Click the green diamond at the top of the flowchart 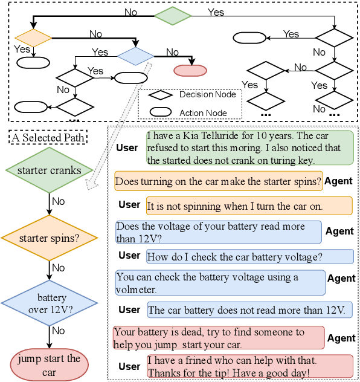point(173,16)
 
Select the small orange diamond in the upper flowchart point(34,38)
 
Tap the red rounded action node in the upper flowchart point(190,71)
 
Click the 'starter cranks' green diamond point(49,170)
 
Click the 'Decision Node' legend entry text point(208,94)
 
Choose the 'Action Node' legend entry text point(204,112)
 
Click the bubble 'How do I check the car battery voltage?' point(250,256)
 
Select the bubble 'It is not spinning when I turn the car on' point(249,206)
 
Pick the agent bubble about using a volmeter point(219,283)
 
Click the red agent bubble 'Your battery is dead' point(219,338)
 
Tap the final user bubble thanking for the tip point(248,366)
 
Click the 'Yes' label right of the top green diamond point(216,12)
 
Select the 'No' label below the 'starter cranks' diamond point(58,201)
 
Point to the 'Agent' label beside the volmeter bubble point(341,279)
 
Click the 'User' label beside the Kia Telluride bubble point(127,147)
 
